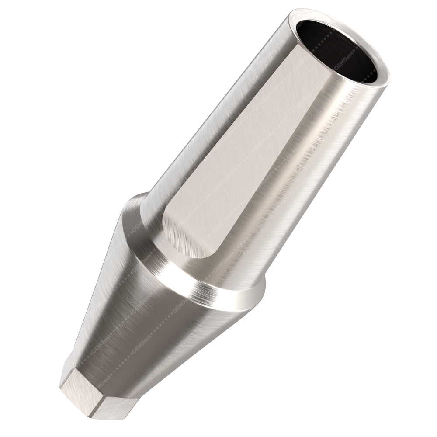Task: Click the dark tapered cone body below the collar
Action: click(x=149, y=332)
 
